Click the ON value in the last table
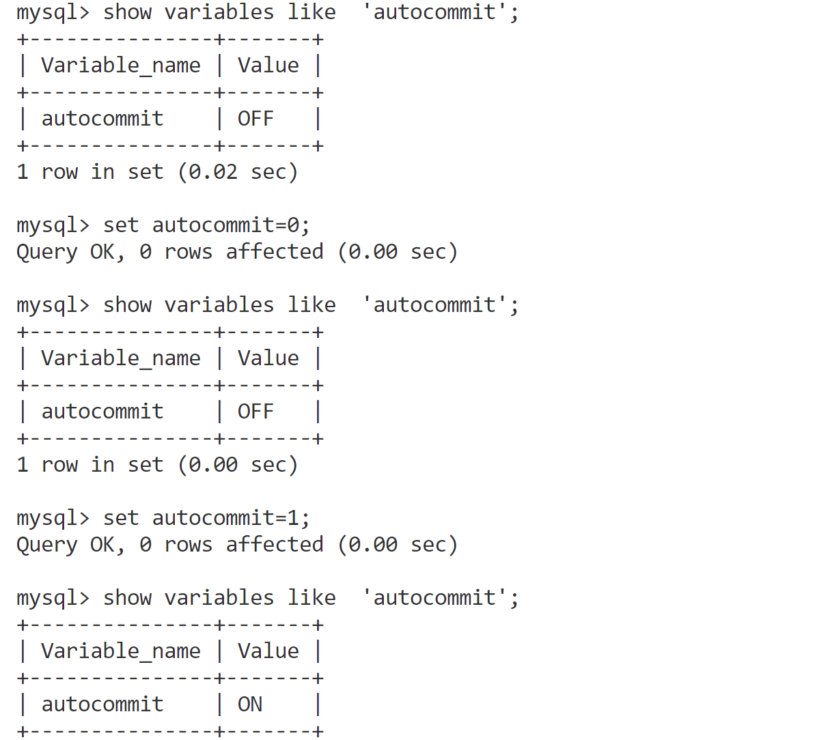pos(250,704)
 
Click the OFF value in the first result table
pos(256,118)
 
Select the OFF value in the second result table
pos(256,411)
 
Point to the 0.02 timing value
pos(213,171)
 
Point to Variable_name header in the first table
pos(121,65)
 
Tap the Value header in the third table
pos(268,651)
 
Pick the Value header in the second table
pos(268,358)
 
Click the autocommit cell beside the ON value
pos(102,704)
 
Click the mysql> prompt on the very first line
pos(53,12)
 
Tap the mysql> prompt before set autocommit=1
pos(53,517)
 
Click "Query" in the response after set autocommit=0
pos(46,252)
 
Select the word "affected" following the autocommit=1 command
pos(275,544)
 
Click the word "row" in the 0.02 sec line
pos(59,171)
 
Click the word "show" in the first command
pos(127,12)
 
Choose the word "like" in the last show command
pos(312,597)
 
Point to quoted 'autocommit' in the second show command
pos(434,304)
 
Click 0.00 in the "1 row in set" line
pos(213,464)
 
